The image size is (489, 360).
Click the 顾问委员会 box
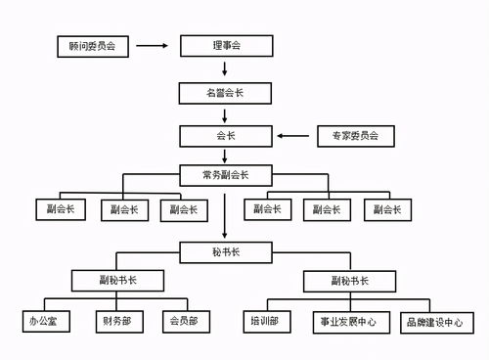tap(93, 46)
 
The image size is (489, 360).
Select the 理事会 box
tap(226, 46)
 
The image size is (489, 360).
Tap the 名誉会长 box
tap(226, 93)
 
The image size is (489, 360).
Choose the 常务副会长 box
tap(226, 174)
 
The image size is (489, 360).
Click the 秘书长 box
tap(226, 252)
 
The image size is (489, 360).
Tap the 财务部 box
tap(115, 321)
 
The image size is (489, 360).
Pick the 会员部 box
tap(183, 321)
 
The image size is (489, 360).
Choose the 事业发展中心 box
tap(349, 321)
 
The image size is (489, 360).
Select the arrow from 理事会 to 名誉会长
tap(226, 69)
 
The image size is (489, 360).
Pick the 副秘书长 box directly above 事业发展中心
tap(349, 282)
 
